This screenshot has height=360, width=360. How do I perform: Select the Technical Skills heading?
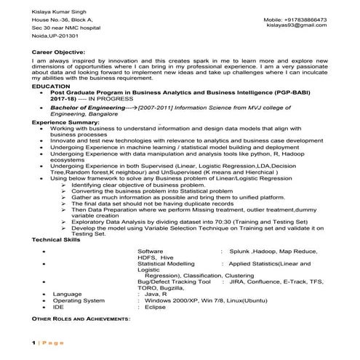57,239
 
